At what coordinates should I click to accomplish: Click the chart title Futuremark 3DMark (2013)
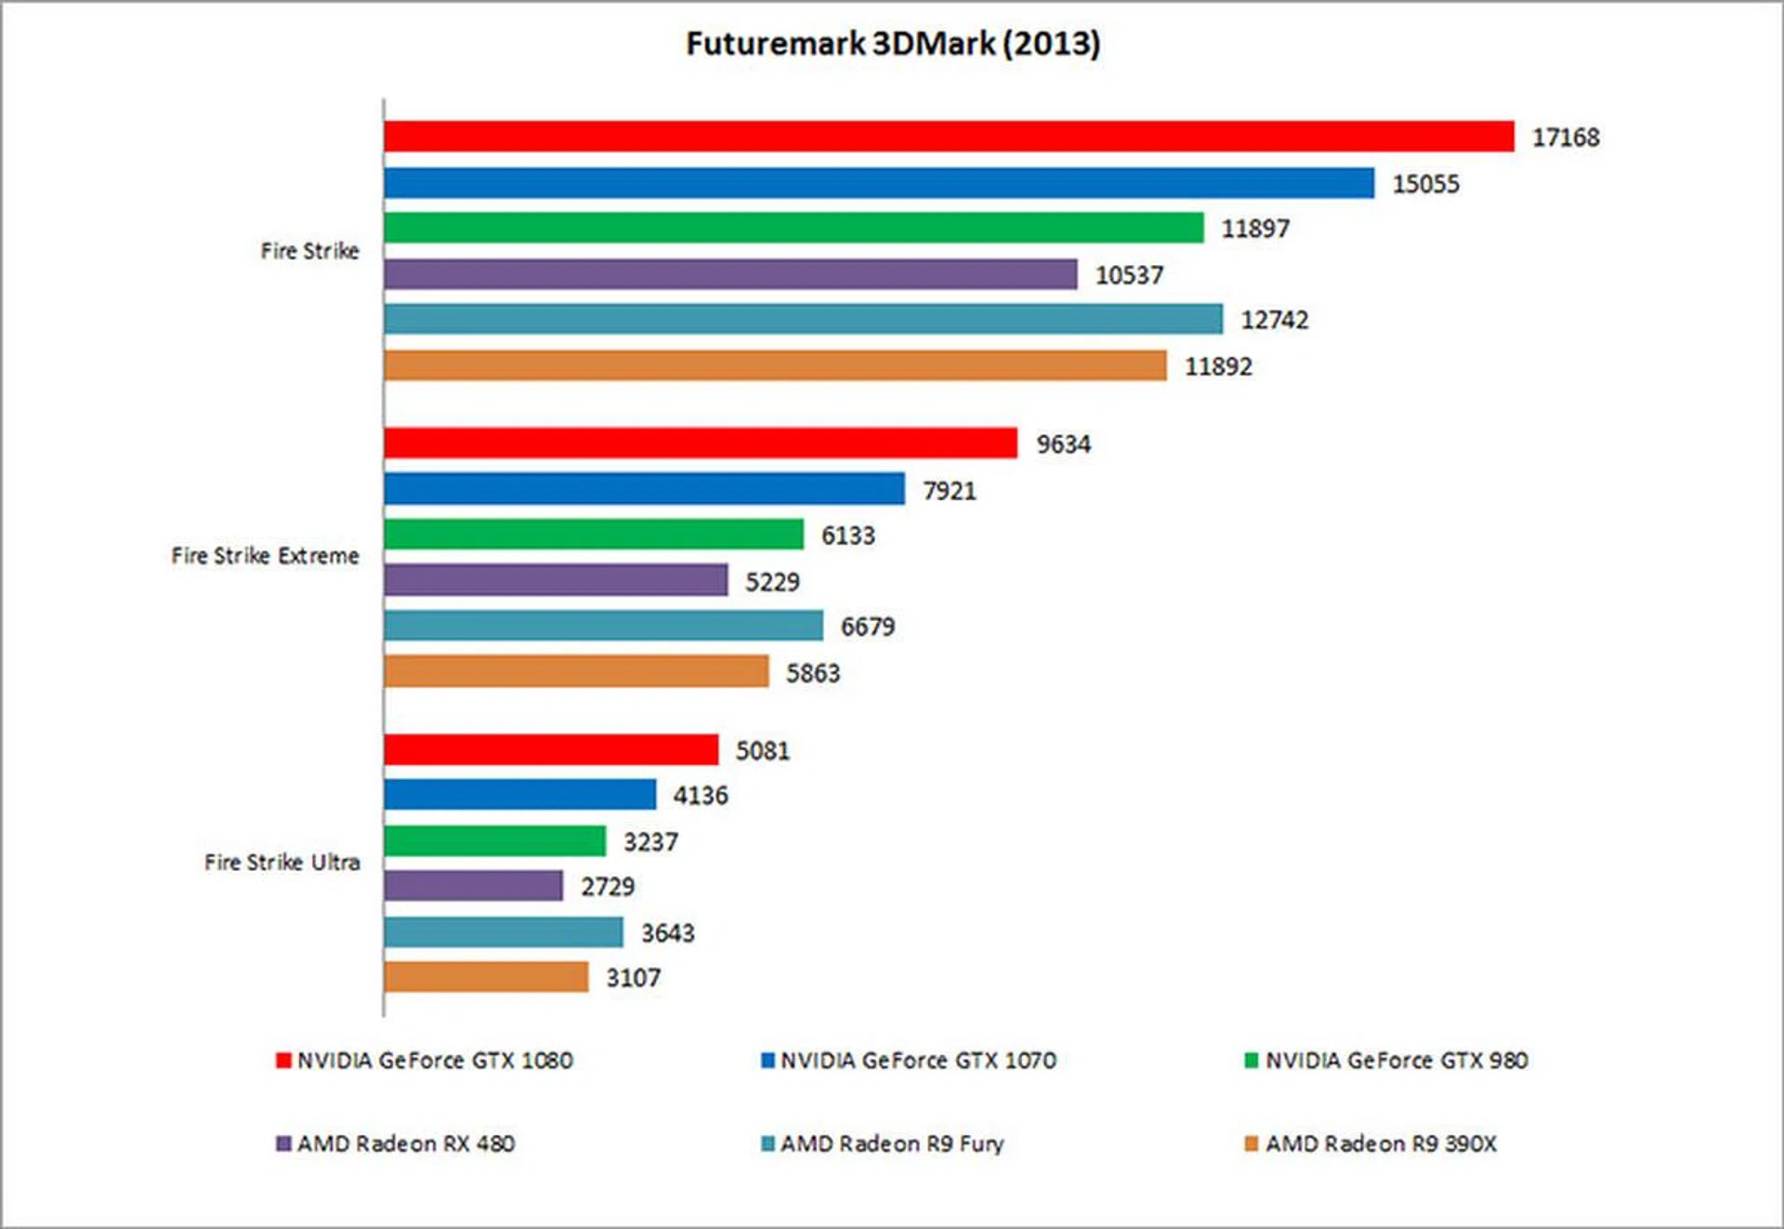[x=892, y=44]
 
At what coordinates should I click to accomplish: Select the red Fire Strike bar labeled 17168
[x=948, y=137]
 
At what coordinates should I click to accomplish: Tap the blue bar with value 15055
[x=878, y=183]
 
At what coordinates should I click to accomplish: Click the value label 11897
[x=1254, y=229]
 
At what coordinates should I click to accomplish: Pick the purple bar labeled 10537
[x=729, y=274]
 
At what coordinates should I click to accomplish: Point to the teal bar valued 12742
[x=803, y=320]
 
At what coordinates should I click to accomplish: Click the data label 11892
[x=1217, y=366]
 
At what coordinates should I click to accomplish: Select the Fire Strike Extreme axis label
[x=265, y=556]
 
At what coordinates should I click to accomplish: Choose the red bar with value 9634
[x=700, y=443]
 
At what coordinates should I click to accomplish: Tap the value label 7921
[x=949, y=490]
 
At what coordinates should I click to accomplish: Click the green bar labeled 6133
[x=593, y=535]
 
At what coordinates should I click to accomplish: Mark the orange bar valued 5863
[x=576, y=671]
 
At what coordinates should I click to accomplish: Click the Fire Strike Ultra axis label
[x=282, y=863]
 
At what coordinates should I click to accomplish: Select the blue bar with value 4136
[x=519, y=795]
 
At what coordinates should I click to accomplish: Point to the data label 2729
[x=608, y=887]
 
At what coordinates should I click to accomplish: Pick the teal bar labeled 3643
[x=503, y=932]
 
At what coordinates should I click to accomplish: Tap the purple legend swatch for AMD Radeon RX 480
[x=283, y=1143]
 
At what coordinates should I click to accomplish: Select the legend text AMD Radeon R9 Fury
[x=892, y=1143]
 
